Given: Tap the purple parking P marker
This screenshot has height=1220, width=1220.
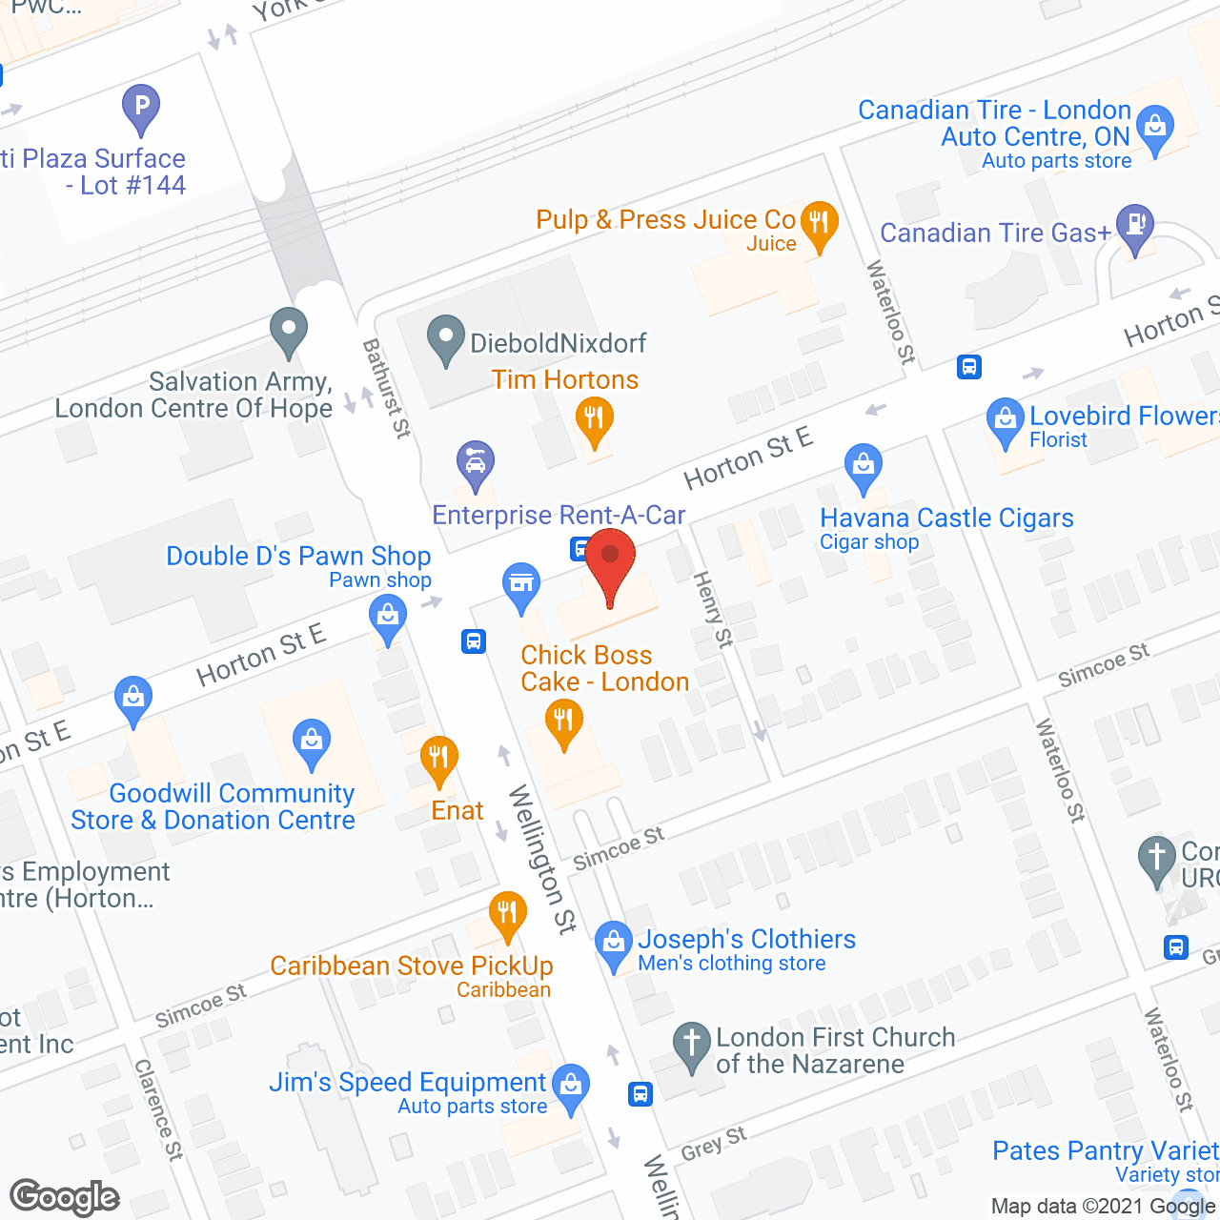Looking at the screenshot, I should point(141,108).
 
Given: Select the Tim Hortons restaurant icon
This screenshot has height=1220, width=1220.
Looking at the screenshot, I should point(594,420).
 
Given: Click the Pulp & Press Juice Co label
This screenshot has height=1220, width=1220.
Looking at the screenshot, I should point(665,220).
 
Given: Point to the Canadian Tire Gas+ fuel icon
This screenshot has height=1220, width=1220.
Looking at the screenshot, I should point(1134,228).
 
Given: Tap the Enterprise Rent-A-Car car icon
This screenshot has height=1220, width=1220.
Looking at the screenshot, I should point(475,464).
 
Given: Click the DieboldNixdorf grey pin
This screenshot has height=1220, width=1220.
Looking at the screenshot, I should point(445,338).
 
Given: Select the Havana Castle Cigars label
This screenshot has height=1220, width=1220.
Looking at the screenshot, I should point(946,518).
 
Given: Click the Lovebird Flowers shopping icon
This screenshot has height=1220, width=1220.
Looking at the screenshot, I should point(1005,420).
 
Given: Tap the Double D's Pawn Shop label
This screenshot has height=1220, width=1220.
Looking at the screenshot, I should point(298,557).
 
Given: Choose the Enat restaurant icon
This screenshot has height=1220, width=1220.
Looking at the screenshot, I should point(438,760).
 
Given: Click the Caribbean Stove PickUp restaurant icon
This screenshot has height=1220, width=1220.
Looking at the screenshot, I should point(507,914).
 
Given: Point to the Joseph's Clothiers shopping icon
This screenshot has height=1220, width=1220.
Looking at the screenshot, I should point(613,944).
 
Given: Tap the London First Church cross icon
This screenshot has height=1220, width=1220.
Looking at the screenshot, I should point(691,1045).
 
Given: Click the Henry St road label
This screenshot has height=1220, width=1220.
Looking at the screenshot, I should point(714,610).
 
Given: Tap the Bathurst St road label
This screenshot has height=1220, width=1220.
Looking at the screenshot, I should point(386,388).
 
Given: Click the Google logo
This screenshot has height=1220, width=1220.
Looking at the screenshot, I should point(65,1197).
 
